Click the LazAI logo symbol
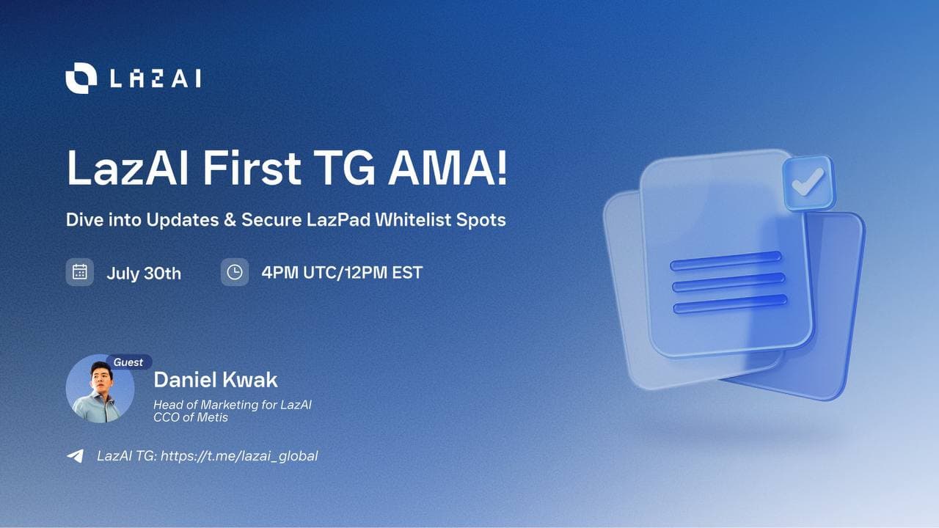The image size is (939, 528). [81, 78]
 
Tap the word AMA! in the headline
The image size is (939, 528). [447, 168]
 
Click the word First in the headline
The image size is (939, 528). [252, 168]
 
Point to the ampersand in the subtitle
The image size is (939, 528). [230, 220]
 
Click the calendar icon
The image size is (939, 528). [80, 272]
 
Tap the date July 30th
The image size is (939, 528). [144, 274]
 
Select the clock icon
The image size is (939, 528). [235, 272]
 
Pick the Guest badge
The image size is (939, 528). [128, 362]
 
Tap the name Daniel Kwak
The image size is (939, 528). [216, 380]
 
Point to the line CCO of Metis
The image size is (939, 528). [191, 417]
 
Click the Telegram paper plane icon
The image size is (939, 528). [76, 456]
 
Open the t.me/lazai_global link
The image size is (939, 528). [239, 456]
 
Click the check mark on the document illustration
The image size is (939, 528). [808, 183]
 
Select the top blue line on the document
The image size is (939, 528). [726, 260]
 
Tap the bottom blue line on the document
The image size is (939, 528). [730, 304]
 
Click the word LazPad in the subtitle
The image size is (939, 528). [338, 219]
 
